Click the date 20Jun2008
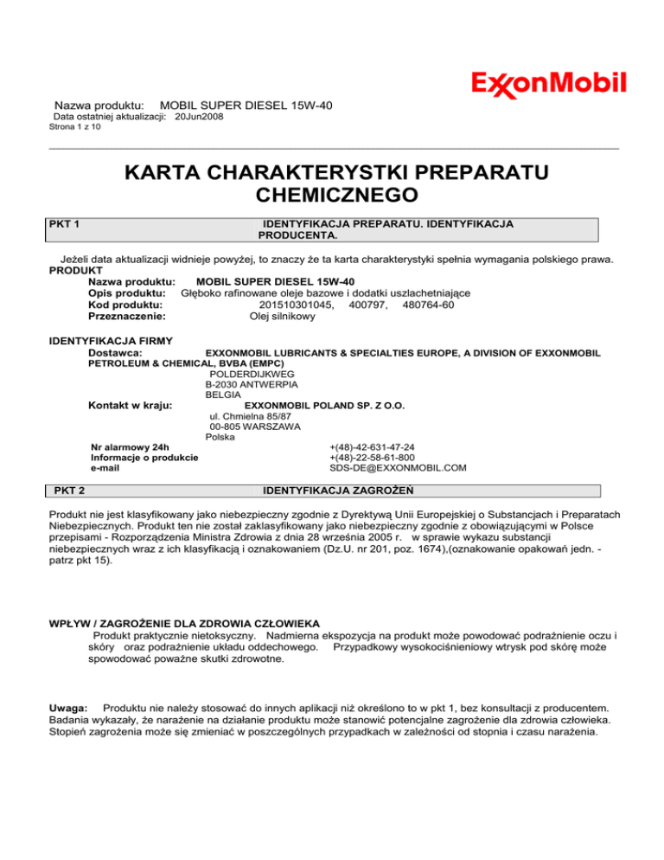(199, 117)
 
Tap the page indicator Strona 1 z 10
(76, 127)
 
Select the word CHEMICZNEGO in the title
(332, 196)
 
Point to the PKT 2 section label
(69, 491)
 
